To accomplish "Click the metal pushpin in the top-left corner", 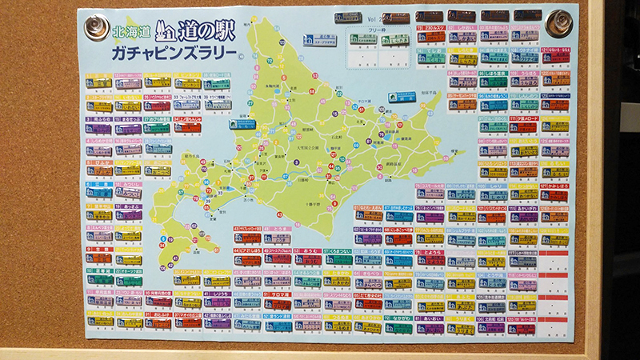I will [97, 26].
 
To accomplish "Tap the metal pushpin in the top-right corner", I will [557, 22].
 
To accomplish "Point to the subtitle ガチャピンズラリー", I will [171, 54].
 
